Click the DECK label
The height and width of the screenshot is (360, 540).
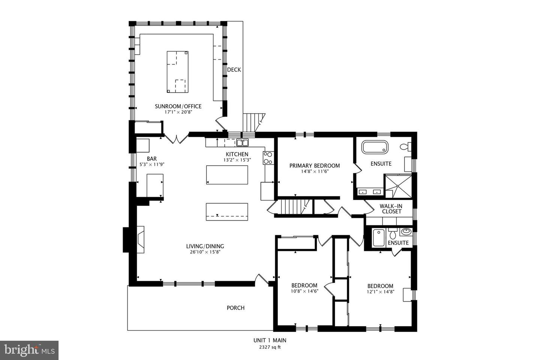[x=234, y=70]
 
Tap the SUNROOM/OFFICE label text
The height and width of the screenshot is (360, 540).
[x=178, y=106]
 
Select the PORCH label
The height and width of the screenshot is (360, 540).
[x=235, y=308]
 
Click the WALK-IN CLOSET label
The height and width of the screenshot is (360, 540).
[x=391, y=209]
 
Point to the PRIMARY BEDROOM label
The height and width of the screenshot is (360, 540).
[x=315, y=166]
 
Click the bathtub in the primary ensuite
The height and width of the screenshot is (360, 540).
[x=375, y=147]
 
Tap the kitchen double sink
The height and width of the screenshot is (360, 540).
[x=242, y=142]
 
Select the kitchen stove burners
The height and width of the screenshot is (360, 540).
[x=268, y=157]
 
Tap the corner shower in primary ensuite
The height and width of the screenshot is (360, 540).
[x=398, y=186]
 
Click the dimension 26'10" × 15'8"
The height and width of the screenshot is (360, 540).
[x=205, y=252]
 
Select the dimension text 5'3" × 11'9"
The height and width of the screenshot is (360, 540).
[x=152, y=164]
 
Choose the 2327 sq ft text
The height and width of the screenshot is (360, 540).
[x=270, y=347]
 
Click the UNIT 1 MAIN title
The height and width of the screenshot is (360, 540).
[x=270, y=340]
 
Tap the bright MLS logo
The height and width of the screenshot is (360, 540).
[x=29, y=350]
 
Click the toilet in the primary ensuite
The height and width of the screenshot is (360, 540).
[x=406, y=146]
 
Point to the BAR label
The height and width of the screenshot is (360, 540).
[x=152, y=159]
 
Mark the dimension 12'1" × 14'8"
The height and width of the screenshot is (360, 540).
[x=380, y=291]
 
